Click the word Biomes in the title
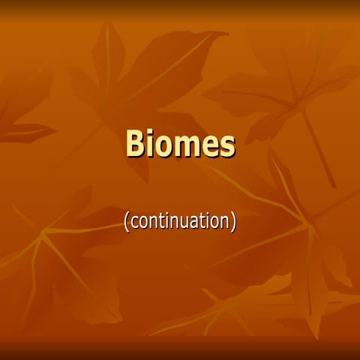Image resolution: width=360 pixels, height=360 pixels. tap(180, 144)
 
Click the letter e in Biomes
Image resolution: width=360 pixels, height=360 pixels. tap(211, 147)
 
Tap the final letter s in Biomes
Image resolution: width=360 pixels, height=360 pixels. tap(227, 147)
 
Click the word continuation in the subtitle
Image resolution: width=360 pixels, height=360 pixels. tap(180, 221)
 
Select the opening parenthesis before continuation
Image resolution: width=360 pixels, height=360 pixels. tap(126, 222)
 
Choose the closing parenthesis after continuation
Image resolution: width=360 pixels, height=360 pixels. tap(234, 222)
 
